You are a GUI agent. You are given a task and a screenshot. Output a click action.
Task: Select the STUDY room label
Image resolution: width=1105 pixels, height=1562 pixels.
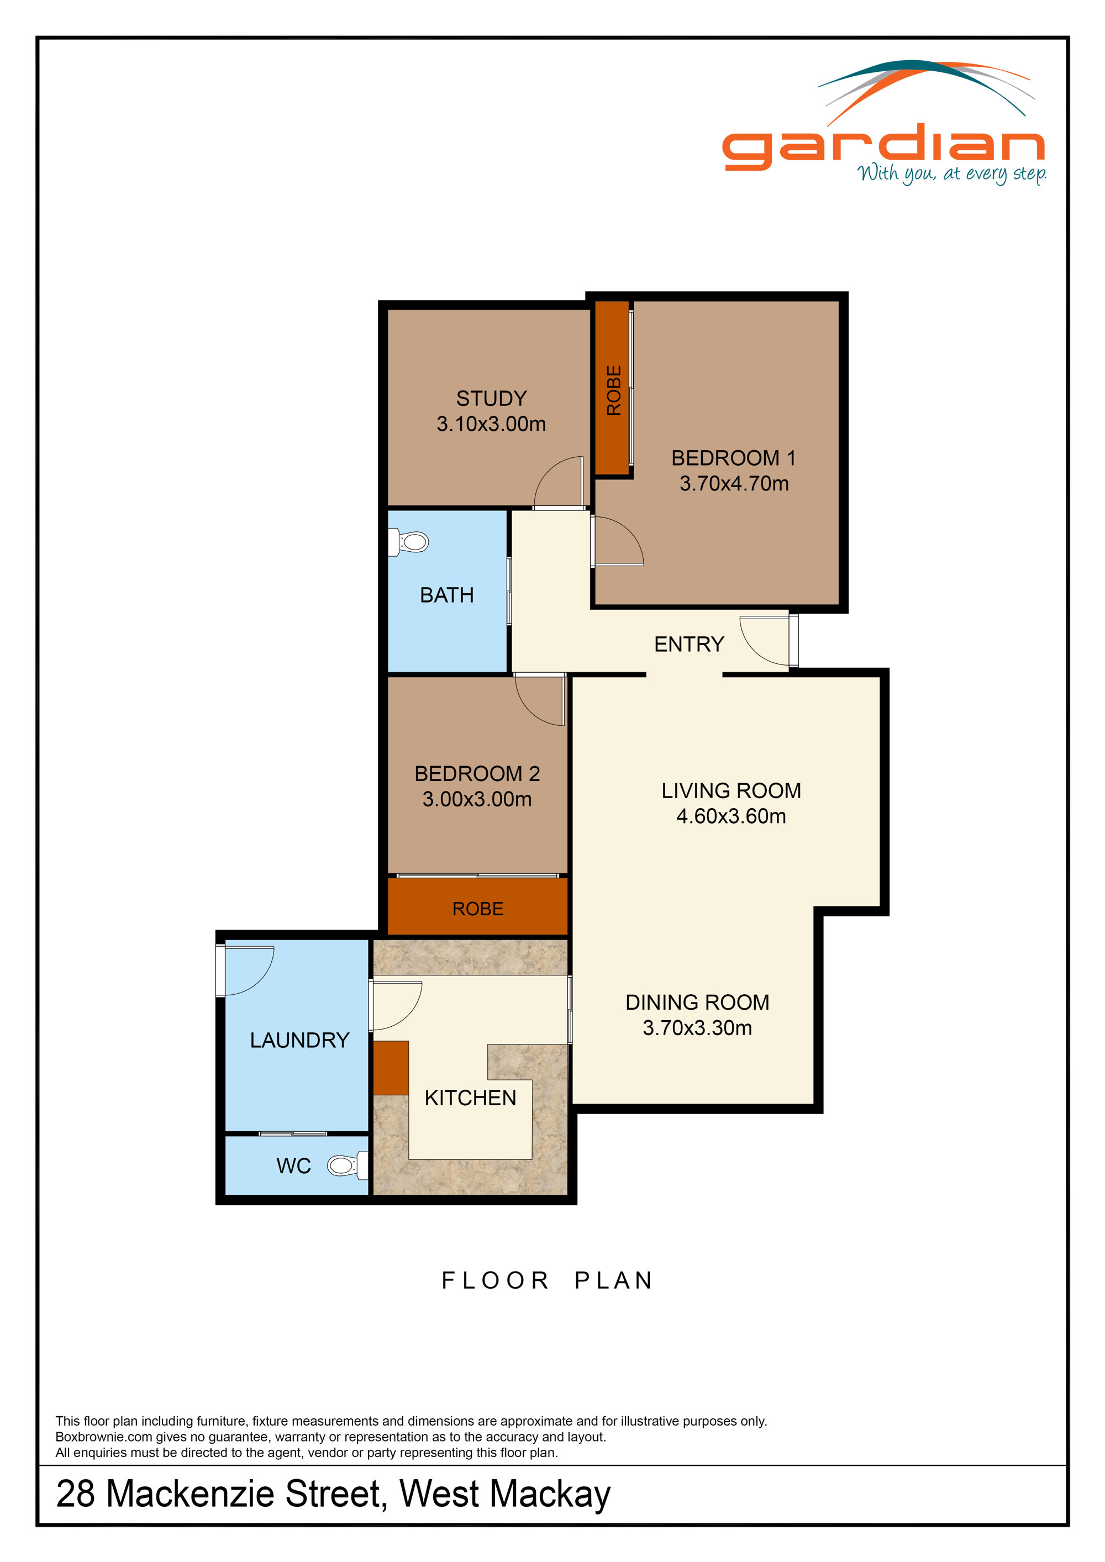point(491,398)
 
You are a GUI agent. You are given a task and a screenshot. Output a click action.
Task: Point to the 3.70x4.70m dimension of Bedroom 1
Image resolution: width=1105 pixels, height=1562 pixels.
point(734,484)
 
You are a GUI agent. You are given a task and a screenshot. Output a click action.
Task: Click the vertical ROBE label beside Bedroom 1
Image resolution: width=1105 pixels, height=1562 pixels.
point(614,390)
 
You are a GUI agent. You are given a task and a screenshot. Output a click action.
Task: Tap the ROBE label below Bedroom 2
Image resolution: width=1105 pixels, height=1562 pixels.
point(478,909)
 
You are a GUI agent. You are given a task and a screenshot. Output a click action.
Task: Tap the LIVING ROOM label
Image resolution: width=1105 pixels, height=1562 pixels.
point(731,790)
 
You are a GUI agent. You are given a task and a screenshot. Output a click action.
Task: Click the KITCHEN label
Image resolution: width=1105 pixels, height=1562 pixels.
point(470,1097)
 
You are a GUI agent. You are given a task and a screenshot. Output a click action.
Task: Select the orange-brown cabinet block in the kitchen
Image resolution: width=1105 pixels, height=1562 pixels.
point(391,1068)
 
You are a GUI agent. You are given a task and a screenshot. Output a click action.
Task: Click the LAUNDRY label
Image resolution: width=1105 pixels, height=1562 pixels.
point(299,1039)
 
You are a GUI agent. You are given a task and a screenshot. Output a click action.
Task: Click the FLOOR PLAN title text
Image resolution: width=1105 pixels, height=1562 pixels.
point(547,1280)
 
